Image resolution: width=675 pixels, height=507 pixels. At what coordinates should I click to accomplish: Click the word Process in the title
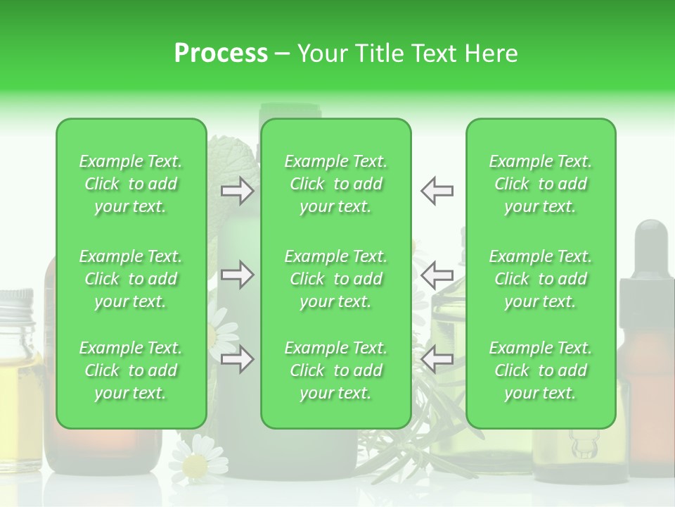(221, 53)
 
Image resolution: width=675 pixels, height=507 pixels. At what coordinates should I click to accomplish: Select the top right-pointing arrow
(237, 191)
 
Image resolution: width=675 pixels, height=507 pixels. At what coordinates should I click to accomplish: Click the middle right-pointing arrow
(237, 275)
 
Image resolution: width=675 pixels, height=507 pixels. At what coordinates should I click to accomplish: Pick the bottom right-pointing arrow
(237, 360)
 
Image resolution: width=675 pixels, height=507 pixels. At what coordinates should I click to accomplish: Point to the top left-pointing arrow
(437, 191)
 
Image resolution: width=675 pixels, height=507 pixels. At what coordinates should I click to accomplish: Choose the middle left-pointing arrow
(437, 275)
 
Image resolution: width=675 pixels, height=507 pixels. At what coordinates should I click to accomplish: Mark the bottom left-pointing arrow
(437, 360)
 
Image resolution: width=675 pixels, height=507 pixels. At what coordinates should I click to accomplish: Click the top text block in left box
(131, 184)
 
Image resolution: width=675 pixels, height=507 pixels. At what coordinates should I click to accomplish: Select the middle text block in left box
(131, 279)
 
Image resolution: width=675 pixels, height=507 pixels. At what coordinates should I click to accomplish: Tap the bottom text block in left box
(131, 370)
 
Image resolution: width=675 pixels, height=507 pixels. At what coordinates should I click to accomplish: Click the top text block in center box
(336, 184)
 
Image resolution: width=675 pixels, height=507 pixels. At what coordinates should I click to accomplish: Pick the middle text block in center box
(336, 279)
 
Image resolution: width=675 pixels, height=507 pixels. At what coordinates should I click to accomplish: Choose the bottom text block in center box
(336, 370)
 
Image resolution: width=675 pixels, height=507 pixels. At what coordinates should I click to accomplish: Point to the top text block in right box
(541, 184)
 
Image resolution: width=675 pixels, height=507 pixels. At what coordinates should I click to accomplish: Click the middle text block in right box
(541, 279)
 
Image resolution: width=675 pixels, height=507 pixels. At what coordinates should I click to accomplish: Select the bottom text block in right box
(541, 370)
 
